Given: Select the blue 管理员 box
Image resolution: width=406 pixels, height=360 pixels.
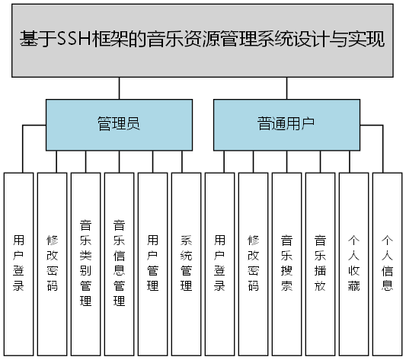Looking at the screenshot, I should (119, 124).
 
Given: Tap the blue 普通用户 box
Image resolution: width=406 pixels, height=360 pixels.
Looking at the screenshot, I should (286, 124).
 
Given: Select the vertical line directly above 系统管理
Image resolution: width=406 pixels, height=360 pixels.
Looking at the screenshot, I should (182, 161).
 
